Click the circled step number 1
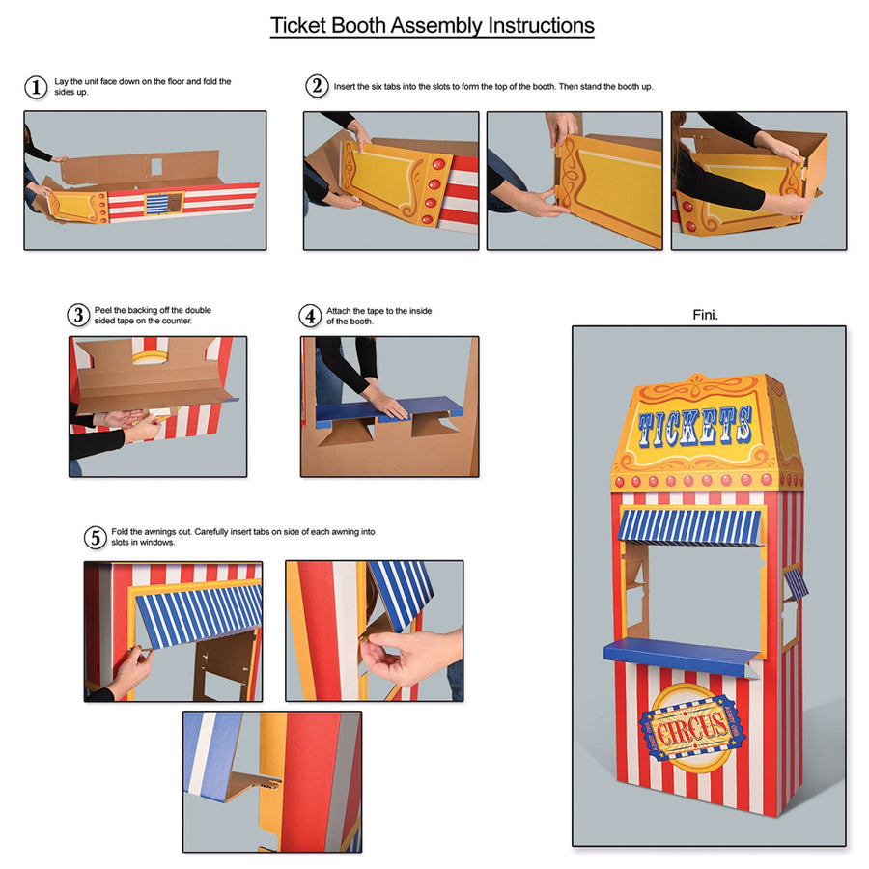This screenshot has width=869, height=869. [x=36, y=87]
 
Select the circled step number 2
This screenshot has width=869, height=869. [x=317, y=86]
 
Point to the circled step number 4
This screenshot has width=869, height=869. [x=310, y=316]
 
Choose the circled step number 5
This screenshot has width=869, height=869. [x=95, y=537]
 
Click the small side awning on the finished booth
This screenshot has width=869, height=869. [x=795, y=581]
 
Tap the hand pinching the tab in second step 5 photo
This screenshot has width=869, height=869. [x=406, y=656]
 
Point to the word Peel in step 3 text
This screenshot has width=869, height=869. [x=103, y=310]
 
